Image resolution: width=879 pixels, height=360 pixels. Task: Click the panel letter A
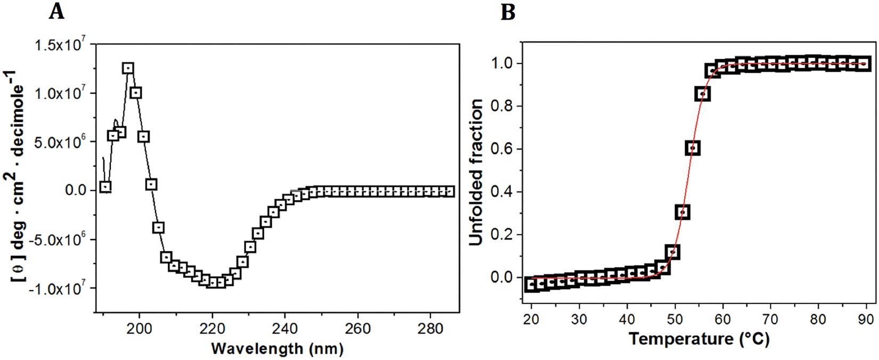point(56,11)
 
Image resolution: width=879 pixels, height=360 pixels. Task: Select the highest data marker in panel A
point(128,68)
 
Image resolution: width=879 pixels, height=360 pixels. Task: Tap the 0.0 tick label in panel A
point(76,191)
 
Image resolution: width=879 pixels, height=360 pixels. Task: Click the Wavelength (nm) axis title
point(277,348)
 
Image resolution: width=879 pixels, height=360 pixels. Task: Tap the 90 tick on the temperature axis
point(866,320)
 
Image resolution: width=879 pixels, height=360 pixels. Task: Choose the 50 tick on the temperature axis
point(675,320)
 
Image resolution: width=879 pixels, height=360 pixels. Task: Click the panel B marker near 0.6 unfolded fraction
point(693,149)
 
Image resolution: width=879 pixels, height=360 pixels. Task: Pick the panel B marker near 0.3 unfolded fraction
point(683,212)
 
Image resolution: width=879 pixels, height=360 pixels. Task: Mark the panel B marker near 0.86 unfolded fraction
point(703,94)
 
